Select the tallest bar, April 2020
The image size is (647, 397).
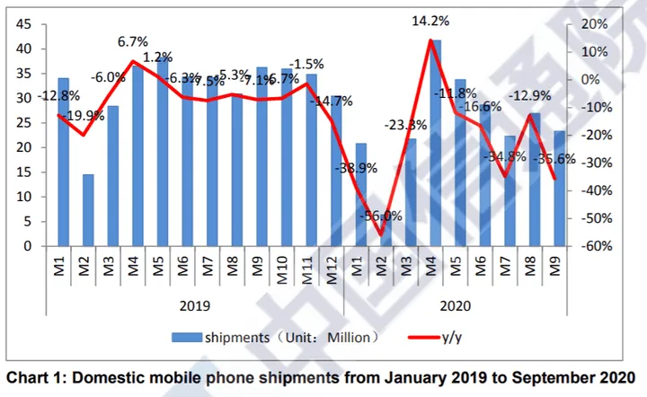click(x=439, y=144)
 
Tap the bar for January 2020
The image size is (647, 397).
click(x=360, y=195)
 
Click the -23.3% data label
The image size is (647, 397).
click(x=404, y=125)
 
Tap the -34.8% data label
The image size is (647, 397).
click(x=508, y=157)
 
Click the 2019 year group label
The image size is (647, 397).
click(x=194, y=305)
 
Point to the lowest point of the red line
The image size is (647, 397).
click(x=381, y=235)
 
